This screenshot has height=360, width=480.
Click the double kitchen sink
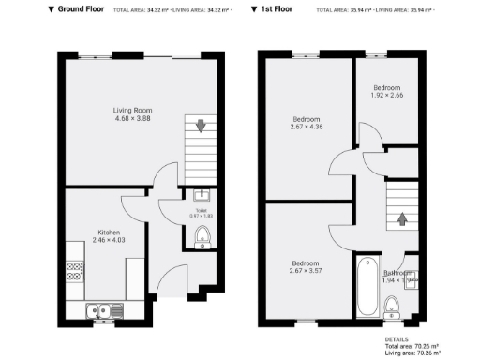click(97, 310)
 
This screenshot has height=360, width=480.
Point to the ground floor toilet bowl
click(202, 239)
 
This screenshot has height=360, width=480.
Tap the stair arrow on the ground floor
click(200, 125)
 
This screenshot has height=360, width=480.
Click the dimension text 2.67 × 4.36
click(307, 127)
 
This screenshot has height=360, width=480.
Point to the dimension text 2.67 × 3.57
click(306, 271)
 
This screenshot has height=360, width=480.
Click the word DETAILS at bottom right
click(396, 338)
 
